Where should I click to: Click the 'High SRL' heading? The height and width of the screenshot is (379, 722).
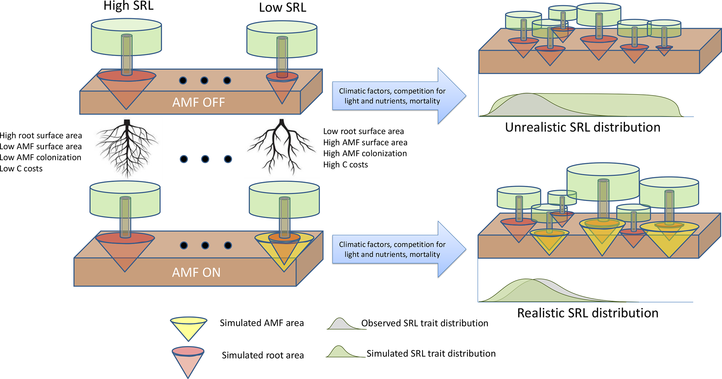pos(129,6)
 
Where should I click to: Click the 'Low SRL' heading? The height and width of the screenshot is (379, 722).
pos(283,7)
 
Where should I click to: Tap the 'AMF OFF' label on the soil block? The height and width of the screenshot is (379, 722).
pos(198,102)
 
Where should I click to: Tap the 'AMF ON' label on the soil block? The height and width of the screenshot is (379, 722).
pos(196,272)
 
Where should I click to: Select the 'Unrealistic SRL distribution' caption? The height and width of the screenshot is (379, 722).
pos(583,127)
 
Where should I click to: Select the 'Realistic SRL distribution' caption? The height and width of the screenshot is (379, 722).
pos(588,313)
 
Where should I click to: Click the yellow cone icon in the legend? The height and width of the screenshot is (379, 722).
pos(189,329)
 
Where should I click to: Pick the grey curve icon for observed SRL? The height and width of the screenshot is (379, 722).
pos(346,324)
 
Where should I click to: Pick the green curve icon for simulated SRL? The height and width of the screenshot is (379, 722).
pos(346,351)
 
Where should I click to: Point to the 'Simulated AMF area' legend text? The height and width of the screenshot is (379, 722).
pos(262,323)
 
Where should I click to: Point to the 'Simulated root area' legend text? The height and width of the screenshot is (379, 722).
pos(263,355)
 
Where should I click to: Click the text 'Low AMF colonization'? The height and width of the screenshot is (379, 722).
pos(41,158)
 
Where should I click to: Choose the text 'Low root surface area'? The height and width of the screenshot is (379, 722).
pos(363,131)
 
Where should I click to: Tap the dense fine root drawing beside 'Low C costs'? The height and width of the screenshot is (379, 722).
pos(127,148)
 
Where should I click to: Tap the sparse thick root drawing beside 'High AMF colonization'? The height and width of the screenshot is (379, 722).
pos(282,147)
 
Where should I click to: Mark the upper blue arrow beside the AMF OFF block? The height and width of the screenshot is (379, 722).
pos(399,96)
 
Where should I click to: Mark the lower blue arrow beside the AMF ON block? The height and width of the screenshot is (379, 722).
pos(399,249)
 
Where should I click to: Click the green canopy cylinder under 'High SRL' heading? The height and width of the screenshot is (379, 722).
pos(126,37)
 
